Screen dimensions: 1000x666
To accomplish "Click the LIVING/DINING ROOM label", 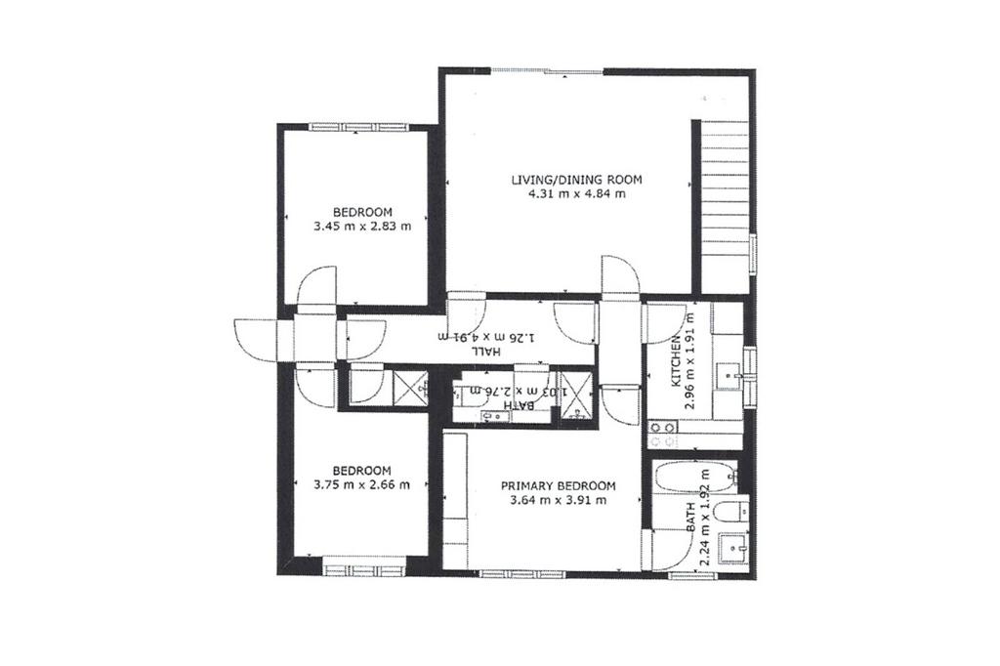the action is (x=576, y=180).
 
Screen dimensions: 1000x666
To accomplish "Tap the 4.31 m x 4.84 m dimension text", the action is (x=576, y=194).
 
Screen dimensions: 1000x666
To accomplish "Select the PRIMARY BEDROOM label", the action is (x=558, y=486).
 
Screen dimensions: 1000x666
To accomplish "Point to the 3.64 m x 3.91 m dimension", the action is (x=559, y=501).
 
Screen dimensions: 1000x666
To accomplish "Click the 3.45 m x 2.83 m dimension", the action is (x=362, y=226).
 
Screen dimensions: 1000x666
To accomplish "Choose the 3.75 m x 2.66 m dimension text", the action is (x=361, y=485).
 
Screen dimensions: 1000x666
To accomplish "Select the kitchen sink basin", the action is (x=728, y=376).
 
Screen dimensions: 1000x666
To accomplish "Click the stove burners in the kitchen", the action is (x=663, y=434).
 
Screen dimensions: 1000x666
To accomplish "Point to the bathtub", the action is (x=694, y=477).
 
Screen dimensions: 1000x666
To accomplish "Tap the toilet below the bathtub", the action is (x=731, y=512).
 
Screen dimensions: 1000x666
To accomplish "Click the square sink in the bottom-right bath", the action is (x=734, y=549).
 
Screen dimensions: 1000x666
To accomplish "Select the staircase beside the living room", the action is (x=725, y=206).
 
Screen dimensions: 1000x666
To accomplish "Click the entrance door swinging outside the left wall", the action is (x=256, y=339).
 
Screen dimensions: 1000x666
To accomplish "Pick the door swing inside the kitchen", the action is (x=661, y=323).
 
